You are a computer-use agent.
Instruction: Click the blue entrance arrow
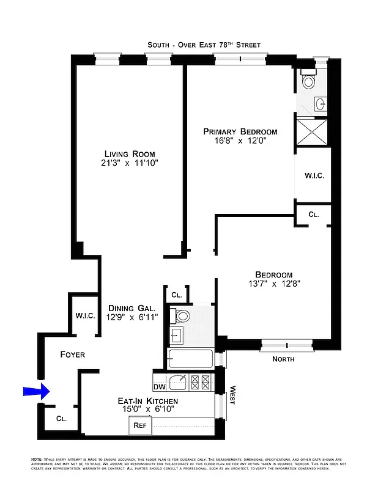[35, 391]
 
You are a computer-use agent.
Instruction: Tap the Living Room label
[129, 153]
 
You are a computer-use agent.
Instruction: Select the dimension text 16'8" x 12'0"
[240, 141]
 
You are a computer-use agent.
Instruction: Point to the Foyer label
[72, 355]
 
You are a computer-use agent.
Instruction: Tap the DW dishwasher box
[159, 386]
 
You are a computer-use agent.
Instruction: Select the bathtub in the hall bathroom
[190, 359]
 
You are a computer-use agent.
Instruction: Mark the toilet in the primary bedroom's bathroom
[308, 81]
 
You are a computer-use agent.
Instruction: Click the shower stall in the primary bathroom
[313, 132]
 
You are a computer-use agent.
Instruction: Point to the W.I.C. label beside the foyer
[84, 315]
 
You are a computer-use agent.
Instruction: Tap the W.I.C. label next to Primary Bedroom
[314, 176]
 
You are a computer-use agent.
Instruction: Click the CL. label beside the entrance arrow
[61, 419]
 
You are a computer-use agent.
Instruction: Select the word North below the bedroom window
[283, 359]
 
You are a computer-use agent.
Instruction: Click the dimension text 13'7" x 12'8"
[274, 284]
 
